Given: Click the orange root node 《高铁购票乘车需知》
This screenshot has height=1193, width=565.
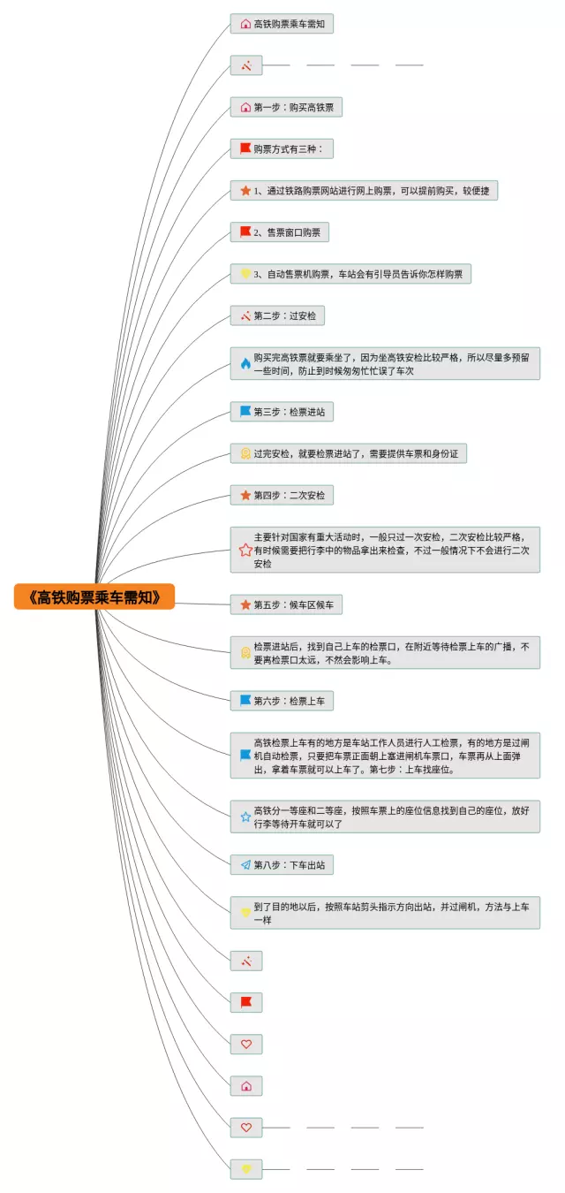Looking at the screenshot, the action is click(94, 596).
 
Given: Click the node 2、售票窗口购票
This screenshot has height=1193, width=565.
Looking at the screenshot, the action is click(279, 232).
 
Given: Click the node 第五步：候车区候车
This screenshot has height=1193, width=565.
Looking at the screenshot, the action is click(286, 604).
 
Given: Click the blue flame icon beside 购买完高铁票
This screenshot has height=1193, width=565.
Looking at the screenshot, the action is click(245, 364).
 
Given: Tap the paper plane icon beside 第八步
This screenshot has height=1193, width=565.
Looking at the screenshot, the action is click(245, 865).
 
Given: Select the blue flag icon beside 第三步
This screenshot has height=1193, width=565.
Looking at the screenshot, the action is click(245, 412).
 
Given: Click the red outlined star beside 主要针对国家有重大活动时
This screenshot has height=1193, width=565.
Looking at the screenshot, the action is click(245, 550).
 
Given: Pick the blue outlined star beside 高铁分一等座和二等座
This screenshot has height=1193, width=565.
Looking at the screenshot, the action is click(245, 817).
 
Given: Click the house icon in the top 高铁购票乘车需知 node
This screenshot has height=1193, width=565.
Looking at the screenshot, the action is click(245, 25).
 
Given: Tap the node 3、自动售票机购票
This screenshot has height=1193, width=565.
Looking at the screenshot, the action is click(350, 274).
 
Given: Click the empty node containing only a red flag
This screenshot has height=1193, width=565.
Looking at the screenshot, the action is click(245, 1002).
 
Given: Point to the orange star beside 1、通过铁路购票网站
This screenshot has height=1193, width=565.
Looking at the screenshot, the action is click(245, 191).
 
